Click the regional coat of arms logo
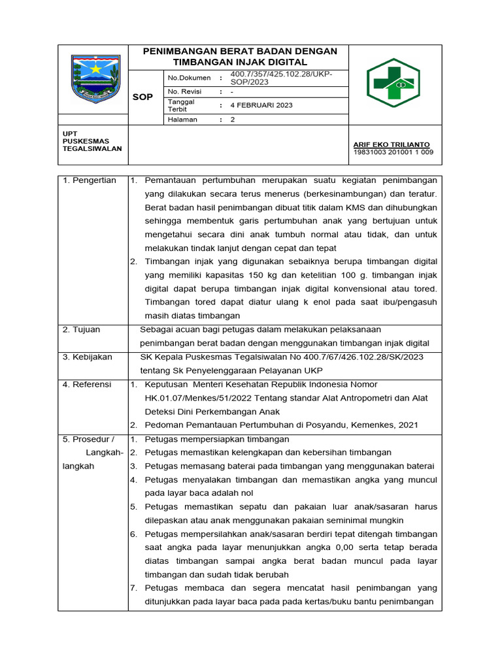95,78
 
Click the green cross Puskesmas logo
397,83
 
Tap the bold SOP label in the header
142,97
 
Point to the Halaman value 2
233,120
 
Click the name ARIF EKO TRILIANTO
392,144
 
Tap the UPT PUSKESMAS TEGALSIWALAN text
85,140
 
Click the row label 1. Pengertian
90,180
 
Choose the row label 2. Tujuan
82,330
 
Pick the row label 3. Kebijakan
88,357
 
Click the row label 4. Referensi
87,385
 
